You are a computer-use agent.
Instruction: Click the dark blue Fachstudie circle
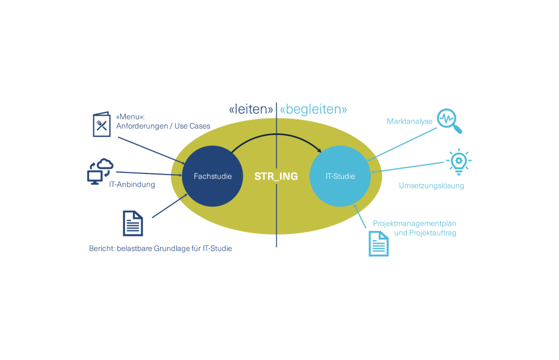212,176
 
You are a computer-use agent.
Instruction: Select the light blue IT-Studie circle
340,176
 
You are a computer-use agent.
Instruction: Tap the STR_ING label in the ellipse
276,177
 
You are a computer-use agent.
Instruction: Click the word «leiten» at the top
251,110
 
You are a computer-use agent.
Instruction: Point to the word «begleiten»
313,110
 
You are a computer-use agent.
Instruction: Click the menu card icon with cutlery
101,124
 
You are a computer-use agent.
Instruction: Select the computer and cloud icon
100,171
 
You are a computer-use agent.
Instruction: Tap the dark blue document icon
133,223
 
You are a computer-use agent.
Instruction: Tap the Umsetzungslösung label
431,185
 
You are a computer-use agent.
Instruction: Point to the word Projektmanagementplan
414,224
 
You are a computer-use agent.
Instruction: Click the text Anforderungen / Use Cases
163,126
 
